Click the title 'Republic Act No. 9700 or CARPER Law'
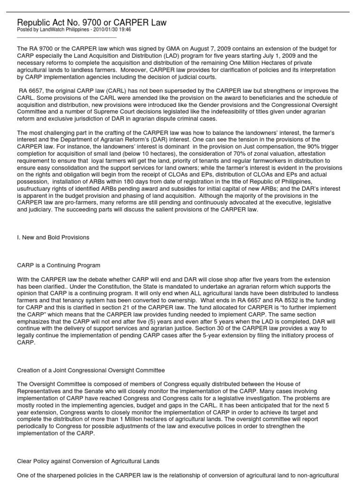[91, 22]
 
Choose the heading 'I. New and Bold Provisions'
[53, 238]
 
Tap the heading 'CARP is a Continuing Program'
[60, 266]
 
